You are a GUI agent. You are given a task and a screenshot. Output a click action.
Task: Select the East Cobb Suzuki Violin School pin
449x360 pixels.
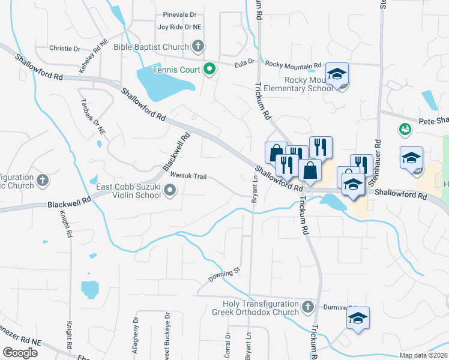click(170, 191)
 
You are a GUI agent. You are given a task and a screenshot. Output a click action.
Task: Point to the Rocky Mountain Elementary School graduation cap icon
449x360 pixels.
click(337, 74)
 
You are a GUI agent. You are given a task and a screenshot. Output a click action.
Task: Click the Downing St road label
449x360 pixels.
click(224, 275)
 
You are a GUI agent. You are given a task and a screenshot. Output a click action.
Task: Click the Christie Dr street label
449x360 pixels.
click(64, 48)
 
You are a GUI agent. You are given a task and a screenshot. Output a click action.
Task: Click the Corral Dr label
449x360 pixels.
click(228, 345)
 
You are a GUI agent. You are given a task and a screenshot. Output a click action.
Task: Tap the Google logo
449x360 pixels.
click(20, 353)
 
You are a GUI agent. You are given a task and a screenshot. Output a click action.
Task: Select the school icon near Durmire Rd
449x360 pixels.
click(358, 318)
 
